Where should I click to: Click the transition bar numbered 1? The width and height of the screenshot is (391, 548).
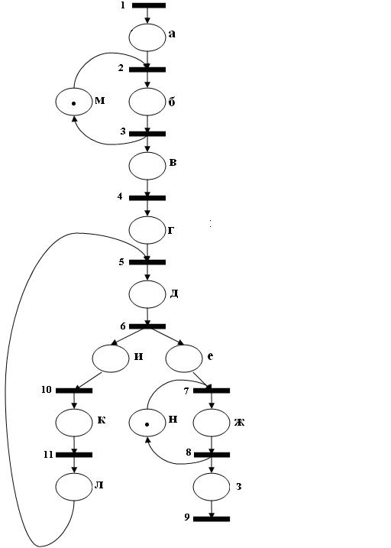(149, 5)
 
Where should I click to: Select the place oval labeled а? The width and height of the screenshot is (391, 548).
(147, 37)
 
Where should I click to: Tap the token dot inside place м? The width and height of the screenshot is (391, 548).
(73, 103)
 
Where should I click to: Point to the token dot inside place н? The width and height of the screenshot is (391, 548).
(147, 425)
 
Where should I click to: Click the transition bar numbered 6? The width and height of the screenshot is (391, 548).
(147, 326)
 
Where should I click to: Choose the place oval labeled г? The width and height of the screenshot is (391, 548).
(147, 230)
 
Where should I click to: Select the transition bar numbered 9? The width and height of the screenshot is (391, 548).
(212, 519)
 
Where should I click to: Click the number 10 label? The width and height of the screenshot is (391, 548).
(47, 390)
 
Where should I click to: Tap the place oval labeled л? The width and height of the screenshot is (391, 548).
(73, 487)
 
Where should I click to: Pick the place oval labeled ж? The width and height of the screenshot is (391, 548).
(212, 423)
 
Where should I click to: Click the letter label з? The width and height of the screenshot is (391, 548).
(239, 487)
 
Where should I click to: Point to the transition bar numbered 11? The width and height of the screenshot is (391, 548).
(74, 455)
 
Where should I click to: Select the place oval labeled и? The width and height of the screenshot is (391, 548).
(111, 358)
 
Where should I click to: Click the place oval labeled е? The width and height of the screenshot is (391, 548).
(184, 358)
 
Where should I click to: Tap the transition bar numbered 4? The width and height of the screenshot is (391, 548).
(147, 198)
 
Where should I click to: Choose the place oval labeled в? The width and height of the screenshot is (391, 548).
(147, 166)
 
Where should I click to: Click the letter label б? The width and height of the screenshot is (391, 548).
(172, 102)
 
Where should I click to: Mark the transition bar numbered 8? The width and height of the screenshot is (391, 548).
(212, 455)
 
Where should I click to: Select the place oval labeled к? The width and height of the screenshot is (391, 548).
(73, 423)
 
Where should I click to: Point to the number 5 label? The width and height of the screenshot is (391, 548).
(121, 261)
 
